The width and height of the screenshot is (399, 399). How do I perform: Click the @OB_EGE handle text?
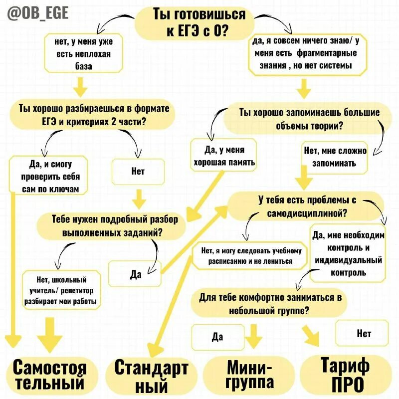click(38, 13)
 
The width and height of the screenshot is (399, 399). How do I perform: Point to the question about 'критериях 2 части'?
click(93, 115)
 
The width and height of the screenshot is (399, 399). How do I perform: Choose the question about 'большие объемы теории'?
click(309, 119)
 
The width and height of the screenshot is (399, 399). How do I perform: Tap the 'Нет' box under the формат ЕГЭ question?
click(138, 171)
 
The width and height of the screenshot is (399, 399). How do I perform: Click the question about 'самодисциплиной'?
click(306, 206)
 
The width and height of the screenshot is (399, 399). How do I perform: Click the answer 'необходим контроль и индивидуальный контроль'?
click(347, 253)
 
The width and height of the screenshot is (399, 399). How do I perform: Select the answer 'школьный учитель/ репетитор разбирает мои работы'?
click(62, 290)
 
